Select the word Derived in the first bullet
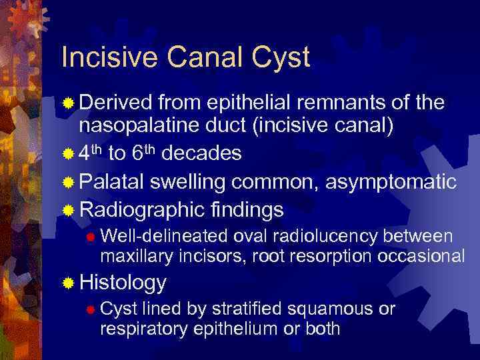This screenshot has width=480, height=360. [x=115, y=104]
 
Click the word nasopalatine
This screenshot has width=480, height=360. [x=141, y=125]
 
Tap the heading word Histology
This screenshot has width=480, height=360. [x=123, y=283]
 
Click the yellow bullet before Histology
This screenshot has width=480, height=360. [x=68, y=284]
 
